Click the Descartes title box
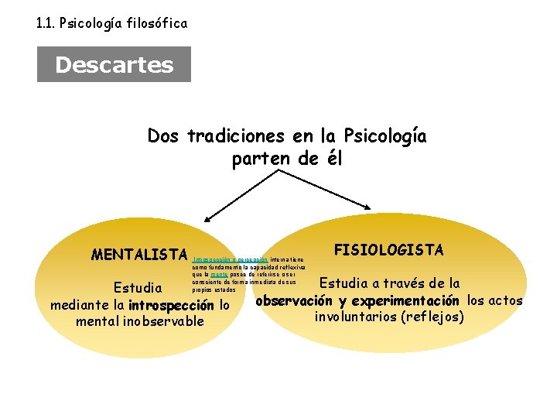pyautogui.click(x=114, y=64)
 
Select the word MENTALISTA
pyautogui.click(x=139, y=255)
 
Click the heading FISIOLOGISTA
pyautogui.click(x=388, y=249)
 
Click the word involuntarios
pyautogui.click(x=361, y=317)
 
